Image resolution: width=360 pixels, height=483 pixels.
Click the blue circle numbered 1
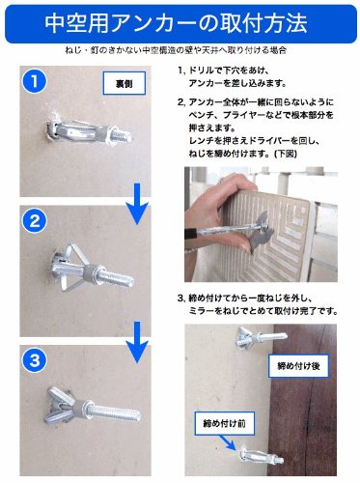point(35,82)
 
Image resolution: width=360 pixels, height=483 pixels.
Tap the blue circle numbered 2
point(35,221)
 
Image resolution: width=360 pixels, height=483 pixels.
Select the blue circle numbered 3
point(35,360)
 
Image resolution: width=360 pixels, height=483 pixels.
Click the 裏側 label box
point(125,83)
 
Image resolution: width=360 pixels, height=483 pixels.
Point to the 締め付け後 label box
point(298,366)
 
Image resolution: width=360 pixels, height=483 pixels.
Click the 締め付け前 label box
point(225,423)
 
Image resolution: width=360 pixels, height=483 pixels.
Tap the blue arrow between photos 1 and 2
point(138,204)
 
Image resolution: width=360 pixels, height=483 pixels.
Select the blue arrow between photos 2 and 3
point(138,343)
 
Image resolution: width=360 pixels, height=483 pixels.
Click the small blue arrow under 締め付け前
point(229,442)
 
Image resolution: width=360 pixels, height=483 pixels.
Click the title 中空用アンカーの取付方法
point(176,23)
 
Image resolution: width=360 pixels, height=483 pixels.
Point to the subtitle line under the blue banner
point(176,50)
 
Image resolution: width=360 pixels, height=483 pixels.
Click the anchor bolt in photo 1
point(89,132)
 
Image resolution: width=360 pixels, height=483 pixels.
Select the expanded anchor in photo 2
point(92,269)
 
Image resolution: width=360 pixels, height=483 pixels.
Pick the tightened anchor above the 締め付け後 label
point(262,337)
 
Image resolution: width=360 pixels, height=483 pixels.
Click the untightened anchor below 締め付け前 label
point(262,458)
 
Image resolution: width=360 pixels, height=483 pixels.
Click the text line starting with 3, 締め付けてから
point(245,298)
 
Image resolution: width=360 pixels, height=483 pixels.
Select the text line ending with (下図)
point(243,154)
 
